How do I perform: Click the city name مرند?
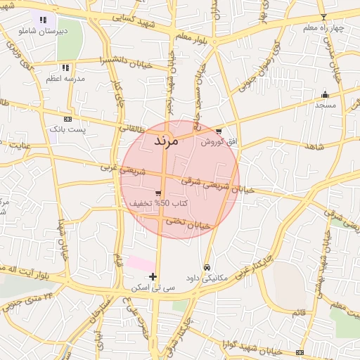pyautogui.click(x=167, y=141)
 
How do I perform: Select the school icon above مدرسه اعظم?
pyautogui.click(x=65, y=68)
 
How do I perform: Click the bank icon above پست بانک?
pyautogui.click(x=67, y=120)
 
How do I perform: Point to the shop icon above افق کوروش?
pyautogui.click(x=219, y=131)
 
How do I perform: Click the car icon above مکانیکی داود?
pyautogui.click(x=207, y=268)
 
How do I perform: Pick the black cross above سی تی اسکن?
pyautogui.click(x=153, y=276)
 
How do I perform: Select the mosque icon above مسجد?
pyautogui.click(x=325, y=94)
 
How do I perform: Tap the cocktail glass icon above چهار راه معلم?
pyautogui.click(x=323, y=17)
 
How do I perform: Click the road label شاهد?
pyautogui.click(x=313, y=146)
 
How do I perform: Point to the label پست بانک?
pyautogui.click(x=67, y=130)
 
